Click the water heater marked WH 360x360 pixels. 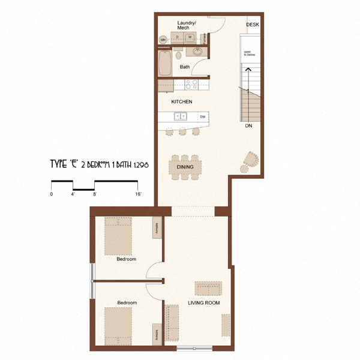(163, 40)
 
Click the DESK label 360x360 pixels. (253, 25)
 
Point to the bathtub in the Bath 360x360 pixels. (165, 62)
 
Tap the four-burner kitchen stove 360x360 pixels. (191, 85)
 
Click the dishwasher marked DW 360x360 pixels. (203, 116)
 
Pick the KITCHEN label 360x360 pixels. (181, 102)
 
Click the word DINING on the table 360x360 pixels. (184, 167)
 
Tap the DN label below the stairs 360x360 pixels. (248, 127)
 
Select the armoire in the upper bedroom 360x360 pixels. (157, 229)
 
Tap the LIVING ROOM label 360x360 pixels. (204, 303)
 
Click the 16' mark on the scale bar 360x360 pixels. (138, 194)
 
